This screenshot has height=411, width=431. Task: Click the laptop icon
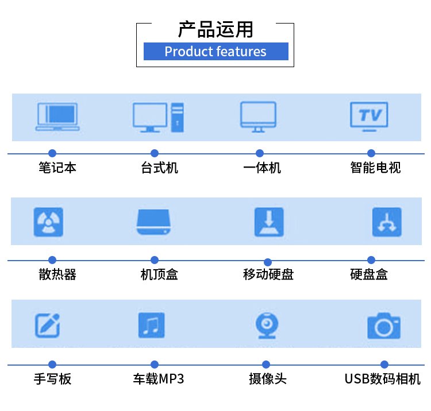pos(57,117)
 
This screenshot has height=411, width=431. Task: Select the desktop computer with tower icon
pos(158,117)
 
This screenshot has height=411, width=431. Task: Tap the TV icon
pos(369,117)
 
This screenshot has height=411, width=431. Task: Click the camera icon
pos(383,325)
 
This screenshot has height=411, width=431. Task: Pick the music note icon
pos(151,325)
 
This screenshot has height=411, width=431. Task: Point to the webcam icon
pos(266,325)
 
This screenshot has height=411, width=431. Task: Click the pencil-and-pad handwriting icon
pos(48,325)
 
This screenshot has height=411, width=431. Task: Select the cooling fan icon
pos(48,222)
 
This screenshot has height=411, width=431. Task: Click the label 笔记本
pos(57,168)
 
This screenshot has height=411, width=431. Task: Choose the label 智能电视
pos(375,168)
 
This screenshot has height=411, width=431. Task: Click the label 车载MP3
pos(159,379)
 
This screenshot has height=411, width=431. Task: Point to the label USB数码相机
pos(382,379)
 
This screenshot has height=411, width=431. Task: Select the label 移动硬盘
pos(268,274)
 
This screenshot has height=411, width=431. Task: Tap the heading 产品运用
pos(215,29)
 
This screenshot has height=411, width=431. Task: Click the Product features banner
pos(215,52)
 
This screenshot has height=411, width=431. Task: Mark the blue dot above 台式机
pos(154,153)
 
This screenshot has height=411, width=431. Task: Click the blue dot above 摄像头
pos(266,365)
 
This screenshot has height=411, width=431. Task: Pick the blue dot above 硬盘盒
pos(371,260)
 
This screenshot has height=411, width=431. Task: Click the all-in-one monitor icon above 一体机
pos(258,117)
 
